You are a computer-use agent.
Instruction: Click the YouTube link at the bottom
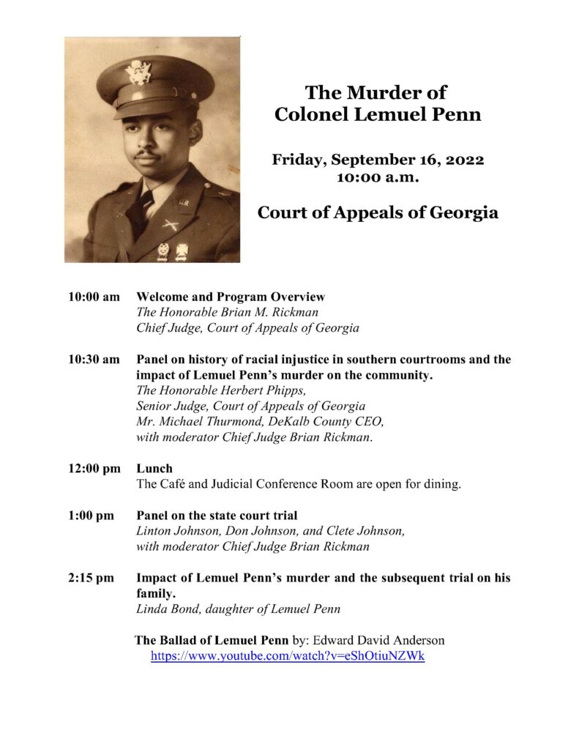(288, 656)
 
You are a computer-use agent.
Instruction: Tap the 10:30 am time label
(94, 360)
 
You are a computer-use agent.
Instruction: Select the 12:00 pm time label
(94, 468)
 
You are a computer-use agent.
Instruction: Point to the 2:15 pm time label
(91, 578)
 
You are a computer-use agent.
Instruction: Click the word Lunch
(154, 468)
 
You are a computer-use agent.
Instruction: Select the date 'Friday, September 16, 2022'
(378, 159)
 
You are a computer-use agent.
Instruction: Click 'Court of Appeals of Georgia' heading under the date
(378, 213)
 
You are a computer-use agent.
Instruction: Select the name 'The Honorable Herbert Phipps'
(216, 390)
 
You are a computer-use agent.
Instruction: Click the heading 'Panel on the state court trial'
(217, 516)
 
